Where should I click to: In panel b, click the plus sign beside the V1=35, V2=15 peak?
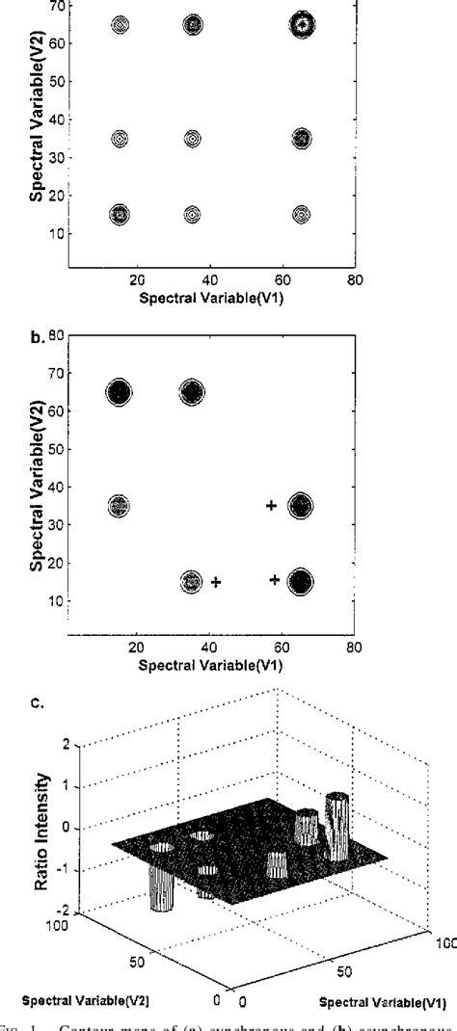(x=216, y=582)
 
